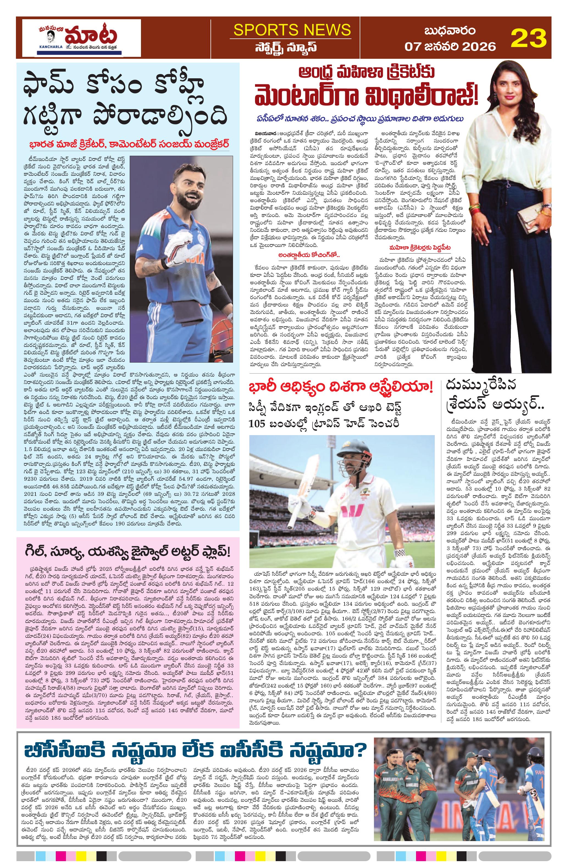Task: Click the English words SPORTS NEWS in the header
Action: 292,30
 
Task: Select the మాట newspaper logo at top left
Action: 81,38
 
